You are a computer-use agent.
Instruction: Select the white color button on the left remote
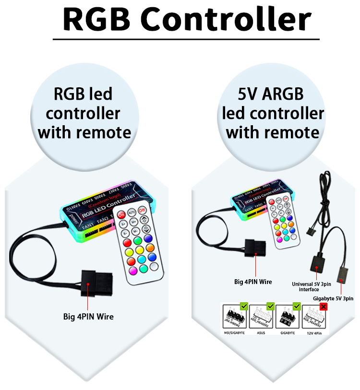click(x=154, y=266)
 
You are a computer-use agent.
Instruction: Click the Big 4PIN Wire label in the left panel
click(x=88, y=317)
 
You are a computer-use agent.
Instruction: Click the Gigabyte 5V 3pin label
click(x=333, y=298)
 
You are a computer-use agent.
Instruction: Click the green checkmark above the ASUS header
click(x=270, y=306)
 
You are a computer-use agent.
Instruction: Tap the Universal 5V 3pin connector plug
click(x=317, y=263)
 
